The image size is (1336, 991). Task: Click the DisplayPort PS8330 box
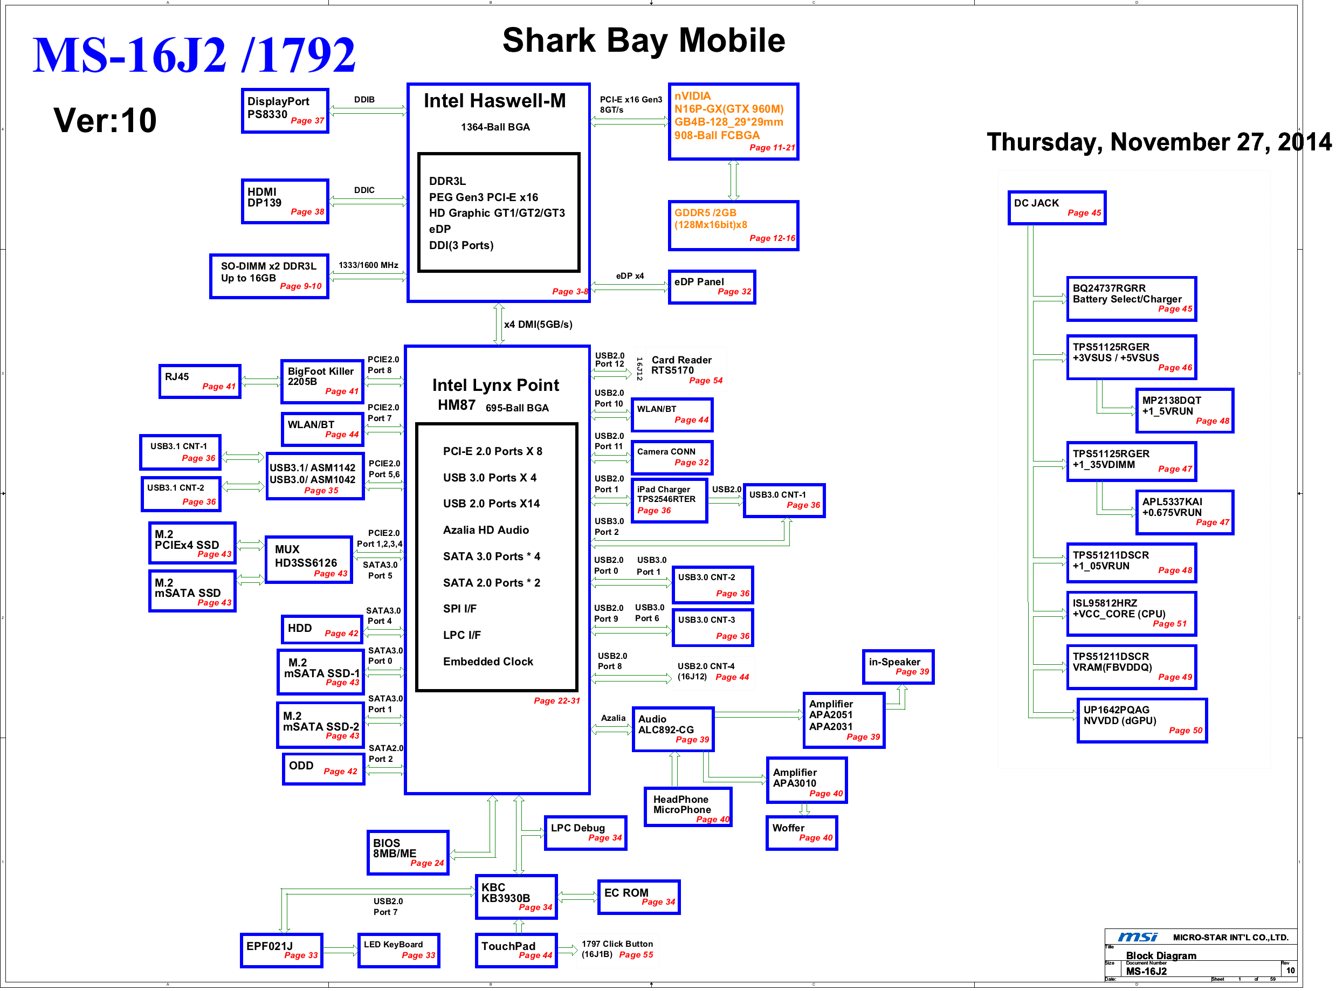tap(285, 111)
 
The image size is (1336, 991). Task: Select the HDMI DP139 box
tap(285, 202)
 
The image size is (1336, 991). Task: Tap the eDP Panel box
tap(712, 287)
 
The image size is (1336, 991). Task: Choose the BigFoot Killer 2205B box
tap(323, 382)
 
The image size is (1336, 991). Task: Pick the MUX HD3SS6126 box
tap(309, 560)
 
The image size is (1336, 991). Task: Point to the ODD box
tap(323, 769)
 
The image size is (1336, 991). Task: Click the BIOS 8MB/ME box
tap(408, 852)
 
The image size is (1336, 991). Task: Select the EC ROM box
tap(639, 897)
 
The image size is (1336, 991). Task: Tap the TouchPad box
tap(517, 950)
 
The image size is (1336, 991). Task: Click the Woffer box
tap(802, 833)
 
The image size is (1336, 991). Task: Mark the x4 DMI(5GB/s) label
tap(538, 325)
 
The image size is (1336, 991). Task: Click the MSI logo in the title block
tap(1138, 937)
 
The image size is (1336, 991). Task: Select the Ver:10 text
tap(105, 120)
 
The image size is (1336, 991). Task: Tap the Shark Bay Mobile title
tap(644, 40)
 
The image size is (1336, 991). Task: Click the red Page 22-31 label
tap(557, 701)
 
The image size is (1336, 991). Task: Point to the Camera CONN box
tap(672, 458)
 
